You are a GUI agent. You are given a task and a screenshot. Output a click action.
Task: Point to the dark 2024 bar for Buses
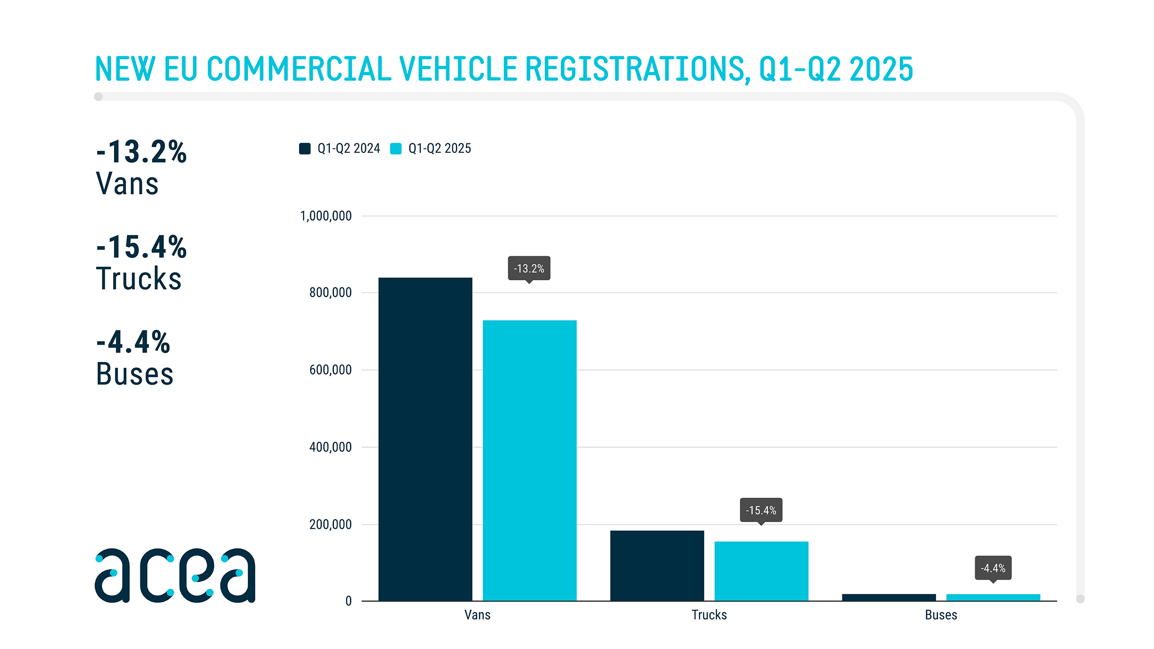point(889,598)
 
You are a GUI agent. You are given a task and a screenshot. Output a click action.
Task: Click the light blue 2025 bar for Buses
point(993,598)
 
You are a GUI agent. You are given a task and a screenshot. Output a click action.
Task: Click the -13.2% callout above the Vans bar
point(529,268)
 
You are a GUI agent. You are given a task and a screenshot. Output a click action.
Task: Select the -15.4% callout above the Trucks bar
point(761,510)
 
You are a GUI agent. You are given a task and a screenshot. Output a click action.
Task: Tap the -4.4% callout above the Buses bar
point(993,568)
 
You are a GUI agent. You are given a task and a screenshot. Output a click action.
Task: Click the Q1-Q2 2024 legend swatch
point(305,149)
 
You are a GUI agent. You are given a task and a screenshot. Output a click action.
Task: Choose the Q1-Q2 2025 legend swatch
point(396,149)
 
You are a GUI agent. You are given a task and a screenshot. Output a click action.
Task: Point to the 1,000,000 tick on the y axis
point(326,216)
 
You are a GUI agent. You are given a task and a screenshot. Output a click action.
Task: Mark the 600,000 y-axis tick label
point(330,370)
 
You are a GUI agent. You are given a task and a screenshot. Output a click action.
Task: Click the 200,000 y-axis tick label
point(330,524)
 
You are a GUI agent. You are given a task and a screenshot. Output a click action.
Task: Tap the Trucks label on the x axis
point(709,615)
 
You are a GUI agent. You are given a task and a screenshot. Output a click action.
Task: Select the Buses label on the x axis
point(941,615)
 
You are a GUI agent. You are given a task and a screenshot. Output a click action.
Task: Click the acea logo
point(175,575)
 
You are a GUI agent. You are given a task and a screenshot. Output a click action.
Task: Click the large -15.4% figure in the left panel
point(141,247)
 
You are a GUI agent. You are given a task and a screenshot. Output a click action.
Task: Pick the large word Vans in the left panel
point(127,184)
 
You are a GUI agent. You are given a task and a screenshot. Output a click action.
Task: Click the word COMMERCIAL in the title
point(299,69)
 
